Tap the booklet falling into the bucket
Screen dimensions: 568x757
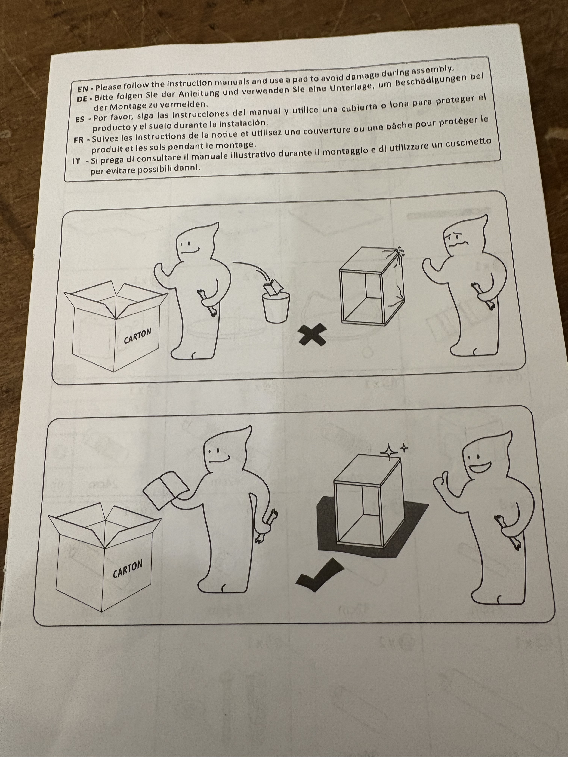coord(271,287)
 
